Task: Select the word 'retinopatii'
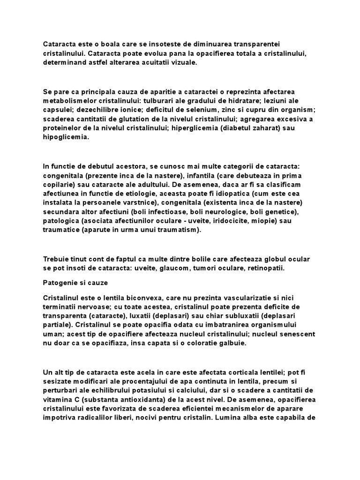click(x=265, y=269)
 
